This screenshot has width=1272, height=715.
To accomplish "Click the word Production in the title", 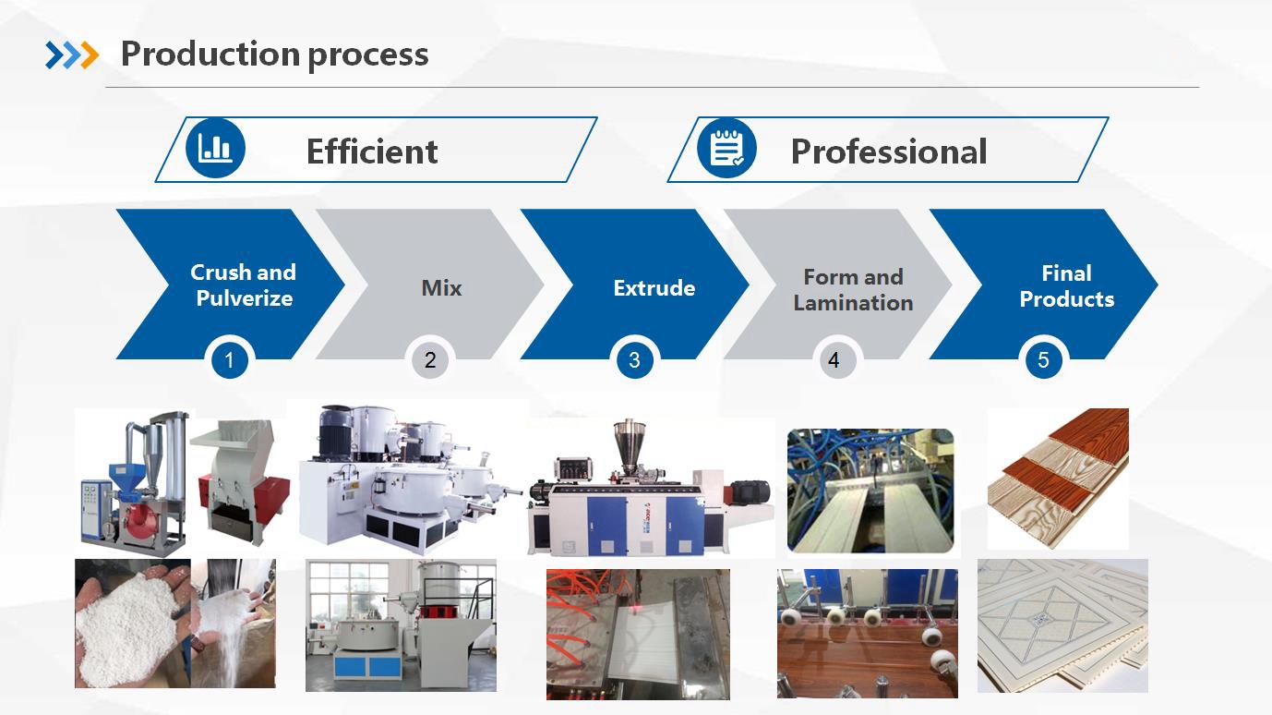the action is pyautogui.click(x=210, y=54).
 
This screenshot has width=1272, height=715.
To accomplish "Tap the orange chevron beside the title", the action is pyautogui.click(x=90, y=55).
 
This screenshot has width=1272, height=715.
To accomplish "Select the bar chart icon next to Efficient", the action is pyautogui.click(x=215, y=148).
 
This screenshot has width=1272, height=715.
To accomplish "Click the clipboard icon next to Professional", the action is pyautogui.click(x=726, y=148).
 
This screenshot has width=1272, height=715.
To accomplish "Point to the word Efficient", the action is pyautogui.click(x=372, y=151).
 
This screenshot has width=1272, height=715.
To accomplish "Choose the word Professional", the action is pyautogui.click(x=889, y=151).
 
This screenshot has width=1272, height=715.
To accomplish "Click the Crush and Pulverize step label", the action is pyautogui.click(x=244, y=285).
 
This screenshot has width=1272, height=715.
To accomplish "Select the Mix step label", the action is pyautogui.click(x=441, y=287).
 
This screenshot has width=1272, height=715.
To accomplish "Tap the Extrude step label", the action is pyautogui.click(x=654, y=287).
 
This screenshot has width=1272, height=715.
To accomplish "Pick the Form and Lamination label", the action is pyautogui.click(x=854, y=289).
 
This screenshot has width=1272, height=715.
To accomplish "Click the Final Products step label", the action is pyautogui.click(x=1067, y=285).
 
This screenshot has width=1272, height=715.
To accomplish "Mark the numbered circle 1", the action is pyautogui.click(x=230, y=359).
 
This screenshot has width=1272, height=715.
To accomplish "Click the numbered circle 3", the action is pyautogui.click(x=634, y=359).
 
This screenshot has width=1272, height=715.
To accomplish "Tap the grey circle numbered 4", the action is pyautogui.click(x=834, y=359).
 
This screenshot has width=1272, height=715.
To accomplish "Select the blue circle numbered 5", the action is pyautogui.click(x=1043, y=359).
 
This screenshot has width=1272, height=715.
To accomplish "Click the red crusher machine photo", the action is pyautogui.click(x=240, y=483).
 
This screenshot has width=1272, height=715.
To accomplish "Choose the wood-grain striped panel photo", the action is pyautogui.click(x=1058, y=479).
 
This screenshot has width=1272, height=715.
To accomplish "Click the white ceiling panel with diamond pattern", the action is pyautogui.click(x=1062, y=625).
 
